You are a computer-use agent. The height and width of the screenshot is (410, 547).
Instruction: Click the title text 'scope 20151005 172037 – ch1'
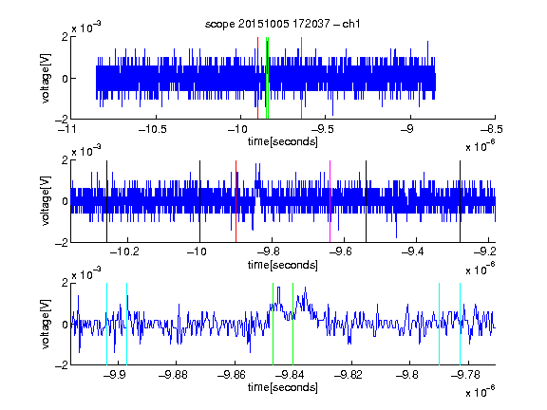point(283,24)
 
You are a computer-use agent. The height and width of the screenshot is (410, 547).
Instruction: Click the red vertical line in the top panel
point(257,78)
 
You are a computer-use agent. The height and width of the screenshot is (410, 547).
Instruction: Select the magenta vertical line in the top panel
point(301,78)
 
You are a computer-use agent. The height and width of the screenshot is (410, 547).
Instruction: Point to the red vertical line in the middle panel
point(236,201)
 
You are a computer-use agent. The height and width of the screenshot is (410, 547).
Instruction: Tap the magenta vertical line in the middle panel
point(330,201)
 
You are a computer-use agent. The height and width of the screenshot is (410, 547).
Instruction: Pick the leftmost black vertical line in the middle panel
point(107,201)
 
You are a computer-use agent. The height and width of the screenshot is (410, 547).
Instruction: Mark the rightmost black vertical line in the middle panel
point(461,201)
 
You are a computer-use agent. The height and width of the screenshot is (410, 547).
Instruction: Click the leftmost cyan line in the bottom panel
point(106,324)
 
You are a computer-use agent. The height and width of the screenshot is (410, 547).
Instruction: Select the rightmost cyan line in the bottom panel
point(461,324)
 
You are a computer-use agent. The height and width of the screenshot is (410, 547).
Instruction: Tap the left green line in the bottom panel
point(273,324)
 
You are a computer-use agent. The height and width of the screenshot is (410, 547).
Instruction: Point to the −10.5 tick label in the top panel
point(153,129)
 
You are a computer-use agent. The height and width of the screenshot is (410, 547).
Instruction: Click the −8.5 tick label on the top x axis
point(492,129)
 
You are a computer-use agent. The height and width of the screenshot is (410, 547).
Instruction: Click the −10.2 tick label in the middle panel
point(124,252)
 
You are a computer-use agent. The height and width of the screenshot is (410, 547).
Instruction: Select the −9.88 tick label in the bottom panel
point(173,375)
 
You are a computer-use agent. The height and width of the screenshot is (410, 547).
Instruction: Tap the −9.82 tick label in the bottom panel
point(349,375)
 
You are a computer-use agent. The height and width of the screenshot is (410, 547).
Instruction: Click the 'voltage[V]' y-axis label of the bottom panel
point(46,324)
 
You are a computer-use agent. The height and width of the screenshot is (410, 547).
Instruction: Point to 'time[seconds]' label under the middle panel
point(283,265)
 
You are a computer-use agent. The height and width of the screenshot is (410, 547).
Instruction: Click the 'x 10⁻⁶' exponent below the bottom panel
point(480,391)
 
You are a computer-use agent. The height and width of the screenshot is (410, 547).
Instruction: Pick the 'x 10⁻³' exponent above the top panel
point(86,27)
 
